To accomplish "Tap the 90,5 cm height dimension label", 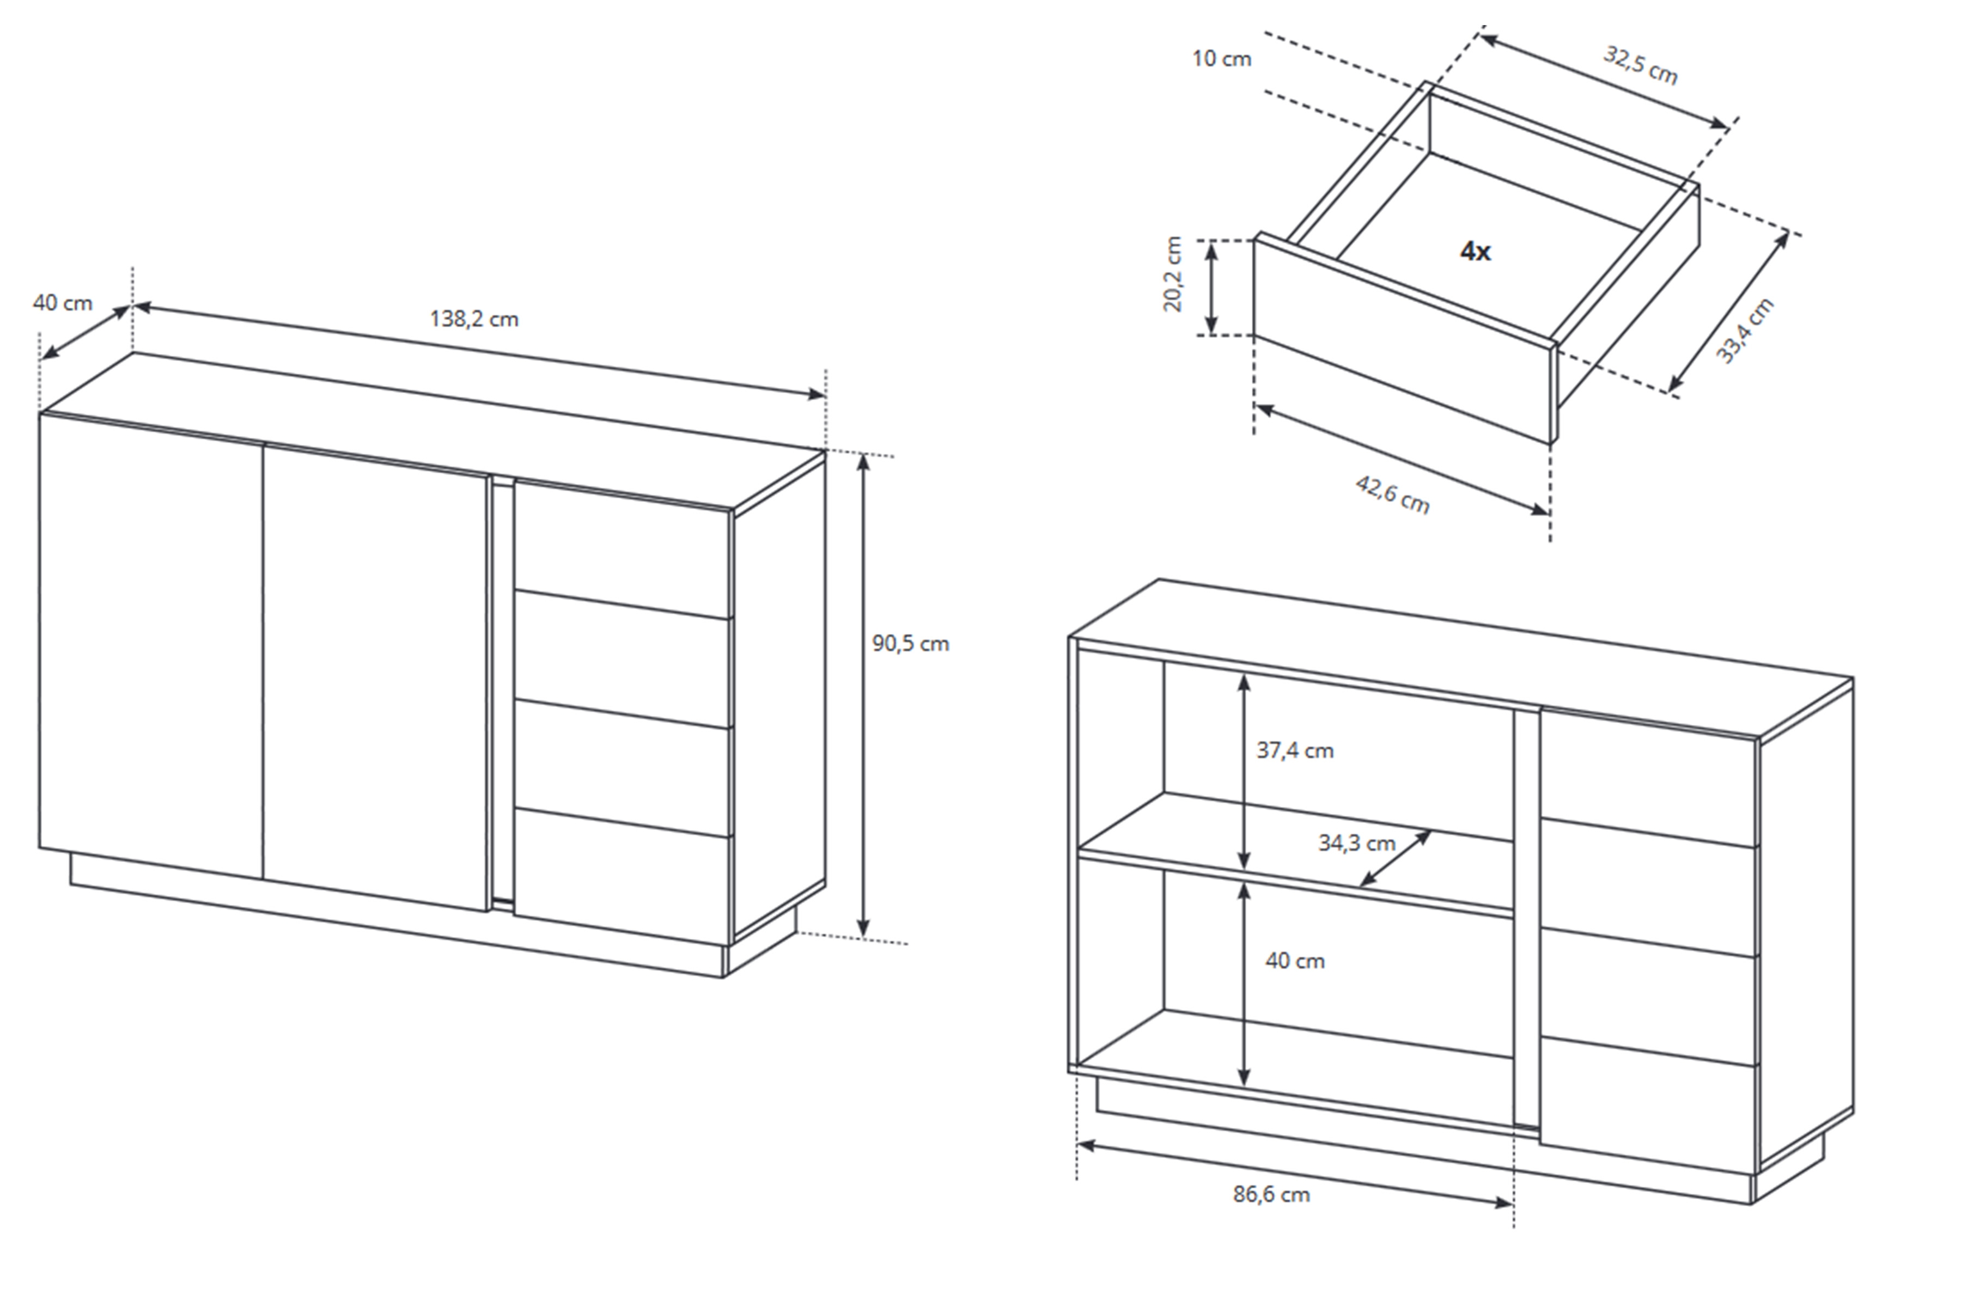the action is pos(910,644).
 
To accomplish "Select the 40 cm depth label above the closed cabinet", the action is pos(63,303).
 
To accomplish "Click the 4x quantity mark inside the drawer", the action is pos(1475,251).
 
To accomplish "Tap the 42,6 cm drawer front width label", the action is pos(1392,494).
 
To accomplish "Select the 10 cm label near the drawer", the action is pos(1221,58).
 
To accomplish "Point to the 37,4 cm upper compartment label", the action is pos(1295,751).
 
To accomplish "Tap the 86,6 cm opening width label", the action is pos(1271,1194).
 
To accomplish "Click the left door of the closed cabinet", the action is pos(151,645).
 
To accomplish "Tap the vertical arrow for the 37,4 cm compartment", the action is pos(1244,772).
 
